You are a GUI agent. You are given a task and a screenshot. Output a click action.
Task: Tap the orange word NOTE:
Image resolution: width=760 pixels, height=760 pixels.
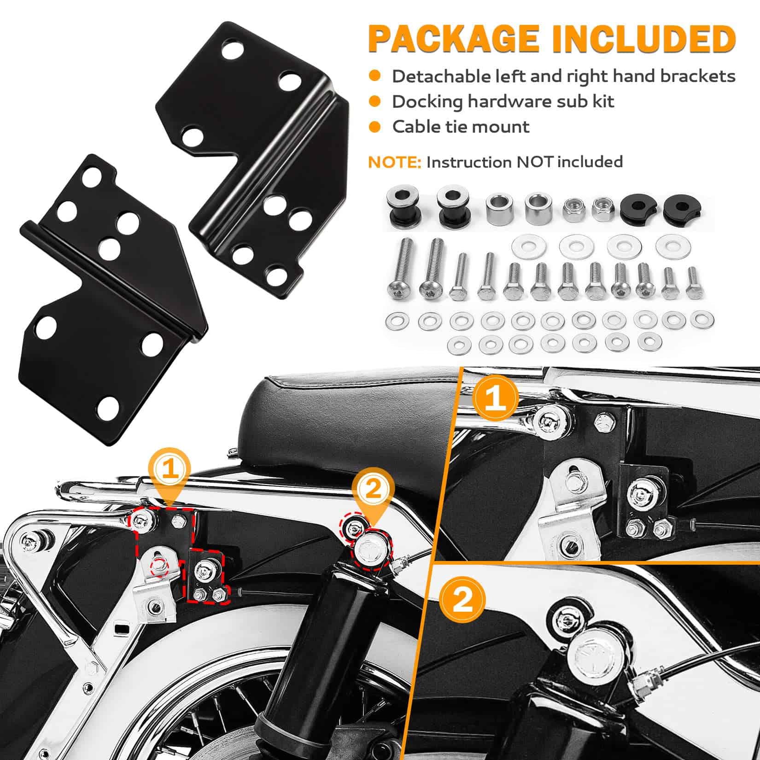(394, 162)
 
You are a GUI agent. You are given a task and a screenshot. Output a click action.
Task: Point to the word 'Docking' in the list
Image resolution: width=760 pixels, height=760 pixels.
(427, 102)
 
